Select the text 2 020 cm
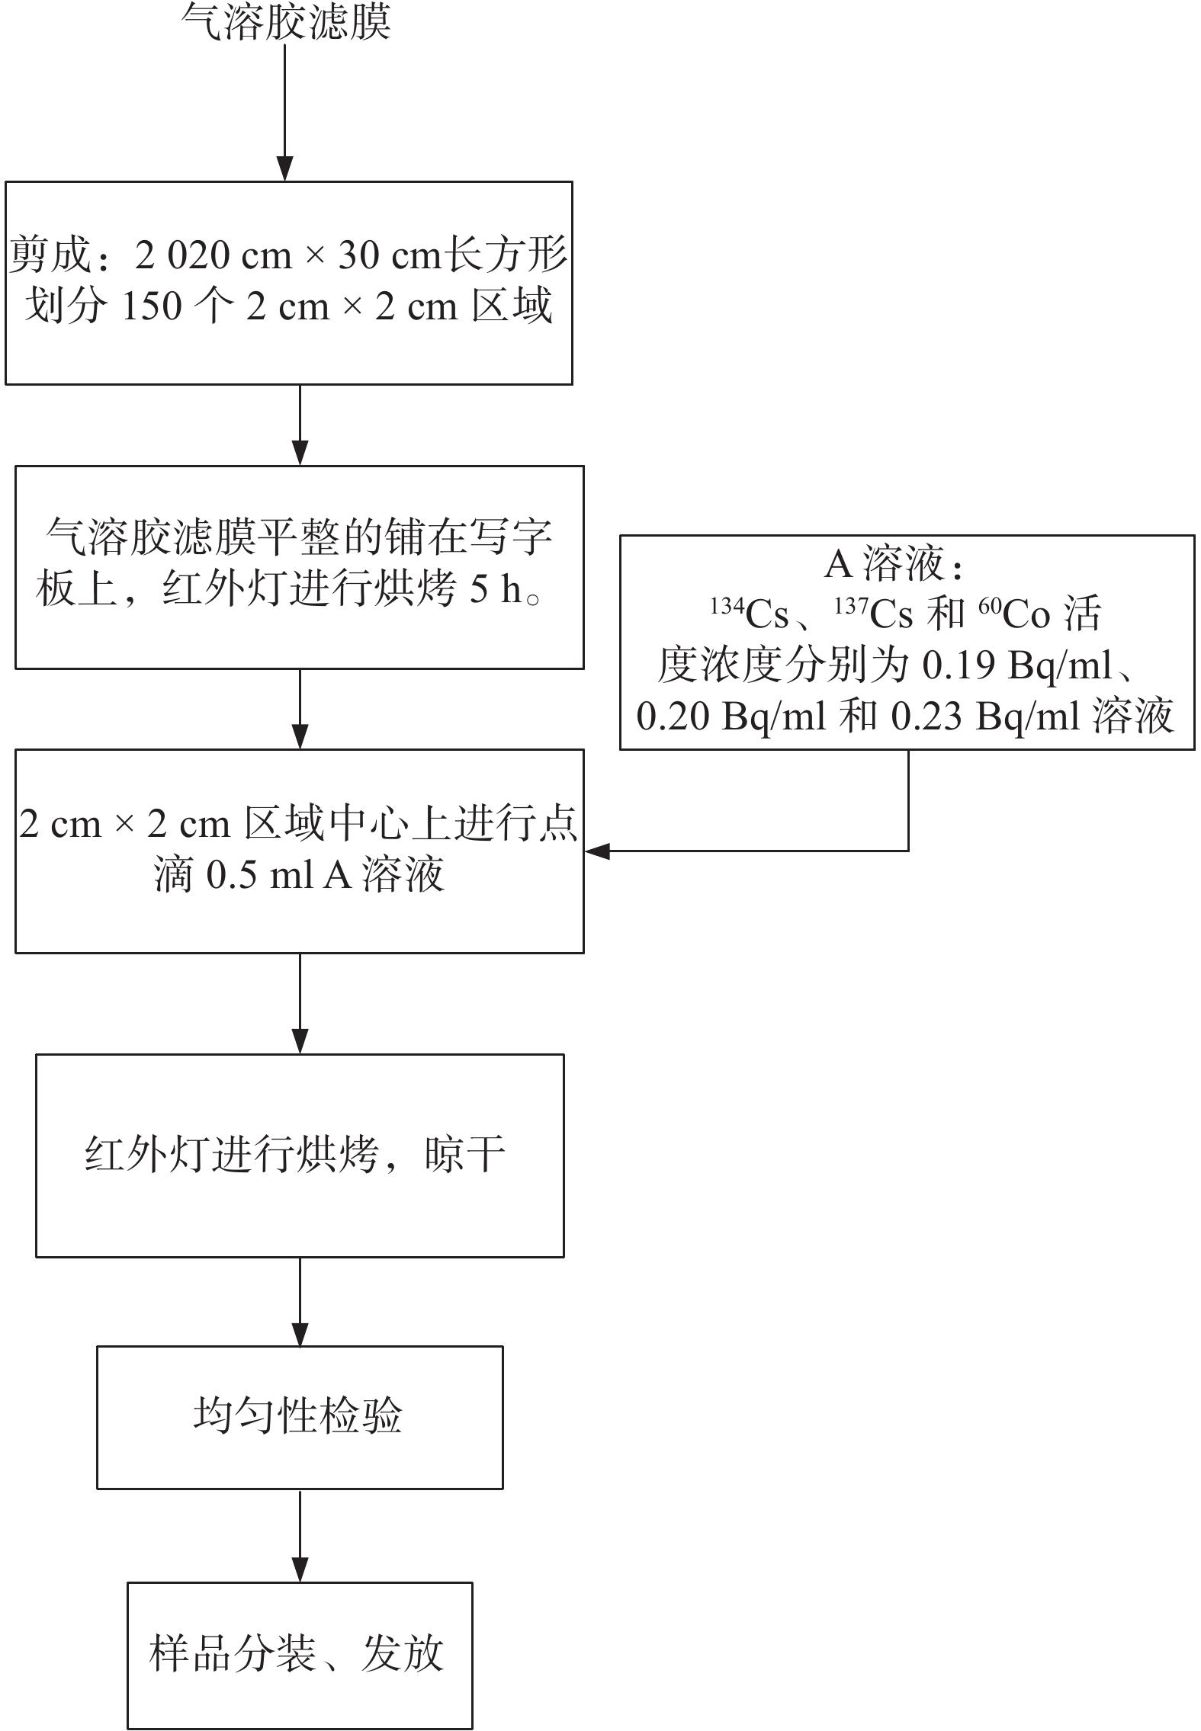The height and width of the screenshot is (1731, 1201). [x=214, y=255]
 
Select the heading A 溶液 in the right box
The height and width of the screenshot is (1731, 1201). [x=892, y=564]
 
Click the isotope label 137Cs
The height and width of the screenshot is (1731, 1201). [x=873, y=614]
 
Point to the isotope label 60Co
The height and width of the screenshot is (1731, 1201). [x=1014, y=614]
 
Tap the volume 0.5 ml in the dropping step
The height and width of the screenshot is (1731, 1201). [x=259, y=875]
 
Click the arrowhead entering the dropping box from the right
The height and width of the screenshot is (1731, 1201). [x=597, y=851]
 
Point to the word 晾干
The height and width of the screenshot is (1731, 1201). [x=465, y=1154]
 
